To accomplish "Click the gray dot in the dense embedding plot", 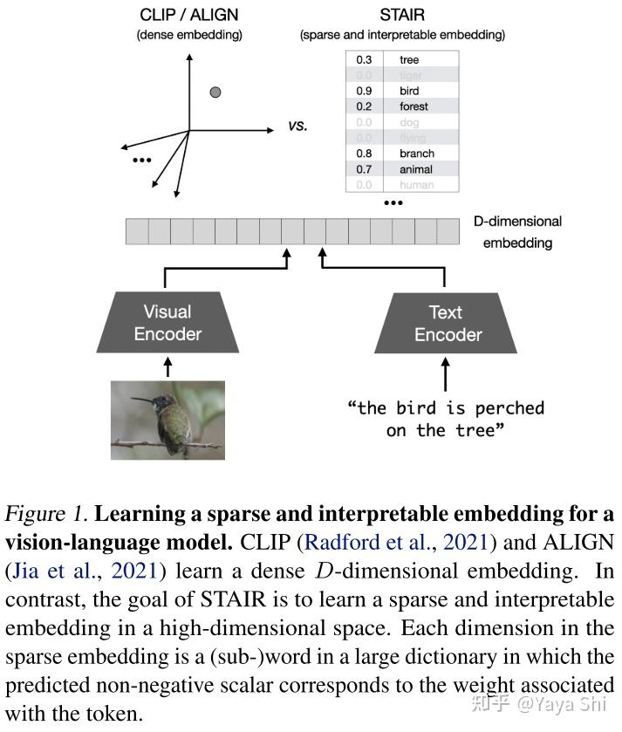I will point(215,92).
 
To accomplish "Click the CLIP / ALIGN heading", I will point(189,16).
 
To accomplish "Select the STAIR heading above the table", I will point(401,16).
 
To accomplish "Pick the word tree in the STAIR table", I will point(409,59).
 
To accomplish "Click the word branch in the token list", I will point(416,154).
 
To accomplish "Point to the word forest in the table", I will point(414,106).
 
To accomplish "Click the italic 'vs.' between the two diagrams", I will point(297,126).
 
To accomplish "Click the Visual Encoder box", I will point(167,322).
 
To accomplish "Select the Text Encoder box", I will point(448,322).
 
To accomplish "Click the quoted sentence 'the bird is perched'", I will point(446,408).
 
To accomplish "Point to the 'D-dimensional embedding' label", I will point(522,232).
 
